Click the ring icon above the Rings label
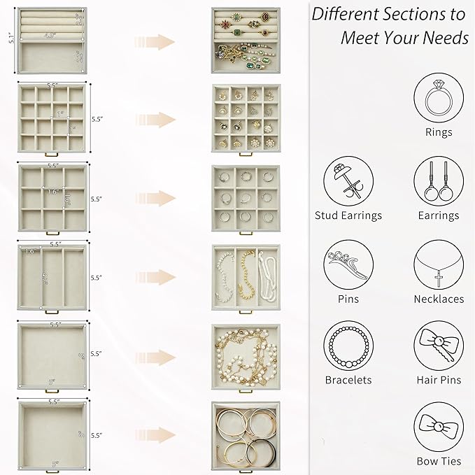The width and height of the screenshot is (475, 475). [x=439, y=99]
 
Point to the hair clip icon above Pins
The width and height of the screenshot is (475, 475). [x=348, y=265]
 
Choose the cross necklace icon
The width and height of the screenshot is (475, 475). [x=439, y=265]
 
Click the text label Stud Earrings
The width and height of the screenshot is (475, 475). [x=348, y=215]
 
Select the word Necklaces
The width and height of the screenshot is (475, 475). [x=439, y=299]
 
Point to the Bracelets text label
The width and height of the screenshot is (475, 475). [x=348, y=381]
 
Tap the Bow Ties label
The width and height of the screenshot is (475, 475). [x=439, y=461]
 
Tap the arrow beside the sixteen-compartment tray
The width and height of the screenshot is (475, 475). [x=155, y=118]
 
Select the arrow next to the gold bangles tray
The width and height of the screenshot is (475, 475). [x=155, y=434]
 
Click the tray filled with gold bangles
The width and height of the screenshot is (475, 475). [x=246, y=435]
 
